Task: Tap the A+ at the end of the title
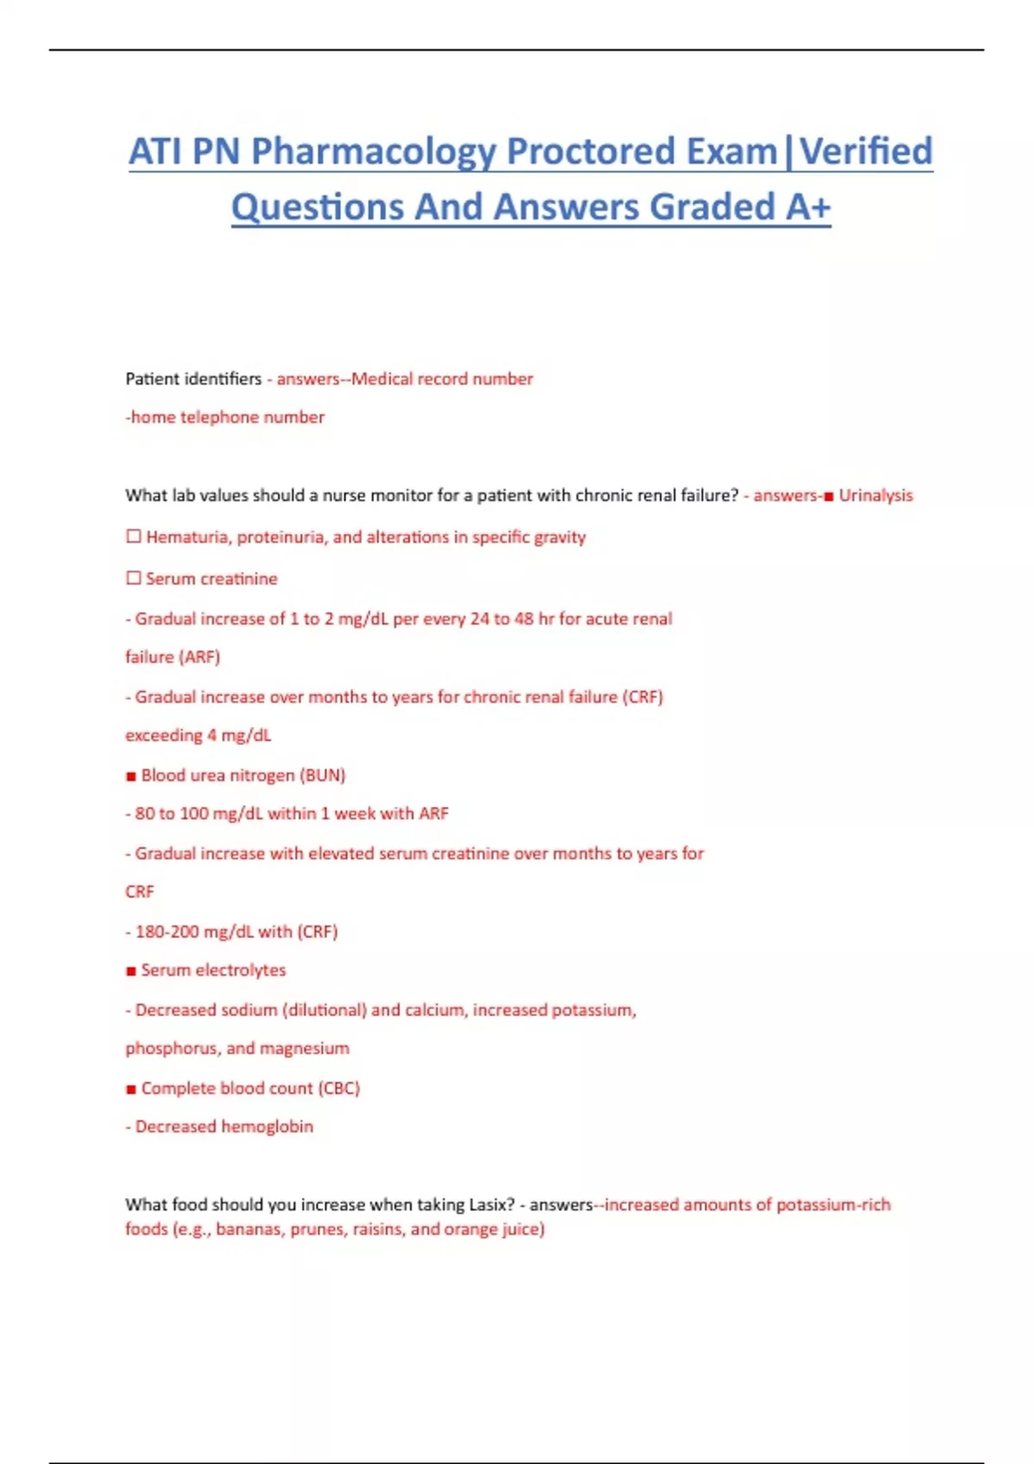pyautogui.click(x=807, y=208)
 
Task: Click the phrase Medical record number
pyautogui.click(x=442, y=379)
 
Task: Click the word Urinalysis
pyautogui.click(x=875, y=495)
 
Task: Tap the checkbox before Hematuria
pyautogui.click(x=134, y=537)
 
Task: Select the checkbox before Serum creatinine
pyautogui.click(x=134, y=578)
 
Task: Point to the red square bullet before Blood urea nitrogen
pyautogui.click(x=131, y=776)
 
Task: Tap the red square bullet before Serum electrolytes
pyautogui.click(x=131, y=971)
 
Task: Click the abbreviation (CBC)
pyautogui.click(x=339, y=1089)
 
